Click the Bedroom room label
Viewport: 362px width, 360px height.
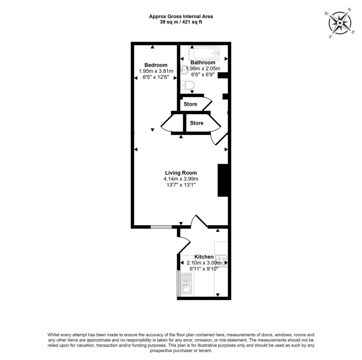156,65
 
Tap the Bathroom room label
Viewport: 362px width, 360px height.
203,63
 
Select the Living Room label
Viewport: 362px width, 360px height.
181,173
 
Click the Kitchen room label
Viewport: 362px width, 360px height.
204,257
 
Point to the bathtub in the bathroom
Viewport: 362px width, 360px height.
204,54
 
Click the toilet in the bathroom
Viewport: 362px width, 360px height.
187,85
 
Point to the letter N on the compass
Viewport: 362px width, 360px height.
349,10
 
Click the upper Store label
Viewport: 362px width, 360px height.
190,104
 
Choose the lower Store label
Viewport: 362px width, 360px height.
197,123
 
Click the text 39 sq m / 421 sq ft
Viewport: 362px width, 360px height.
181,22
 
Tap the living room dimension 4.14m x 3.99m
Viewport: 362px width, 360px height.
181,179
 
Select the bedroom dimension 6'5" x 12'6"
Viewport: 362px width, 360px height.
156,76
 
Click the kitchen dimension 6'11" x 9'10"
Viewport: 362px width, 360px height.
204,268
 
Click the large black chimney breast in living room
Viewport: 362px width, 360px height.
224,180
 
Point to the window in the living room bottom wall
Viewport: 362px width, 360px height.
161,227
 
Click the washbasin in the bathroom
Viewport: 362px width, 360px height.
184,70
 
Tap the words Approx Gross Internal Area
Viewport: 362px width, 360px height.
181,16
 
